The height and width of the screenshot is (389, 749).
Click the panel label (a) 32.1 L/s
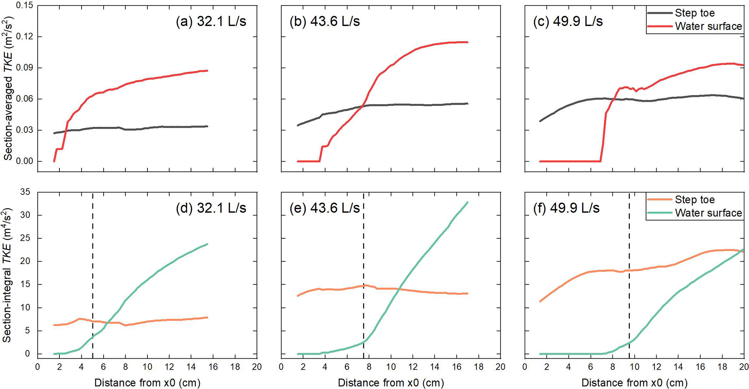211,21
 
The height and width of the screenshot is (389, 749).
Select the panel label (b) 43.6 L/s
325,21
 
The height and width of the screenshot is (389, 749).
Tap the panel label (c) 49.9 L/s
568,21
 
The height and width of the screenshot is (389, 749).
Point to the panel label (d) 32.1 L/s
211,208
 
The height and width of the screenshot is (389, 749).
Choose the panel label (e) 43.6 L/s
325,208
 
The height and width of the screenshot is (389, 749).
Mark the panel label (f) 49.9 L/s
566,208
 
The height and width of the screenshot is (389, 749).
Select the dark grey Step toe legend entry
695,13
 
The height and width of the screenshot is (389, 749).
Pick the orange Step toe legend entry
695,200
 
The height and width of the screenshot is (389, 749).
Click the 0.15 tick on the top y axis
25,6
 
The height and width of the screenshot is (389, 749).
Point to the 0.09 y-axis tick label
25,68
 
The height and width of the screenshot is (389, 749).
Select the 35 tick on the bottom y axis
25,192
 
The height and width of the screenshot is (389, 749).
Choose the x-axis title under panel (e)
391,382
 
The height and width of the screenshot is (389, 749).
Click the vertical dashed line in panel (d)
93,275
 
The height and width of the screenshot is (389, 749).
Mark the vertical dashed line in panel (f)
629,275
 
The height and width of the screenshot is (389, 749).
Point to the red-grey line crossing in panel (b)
363,106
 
